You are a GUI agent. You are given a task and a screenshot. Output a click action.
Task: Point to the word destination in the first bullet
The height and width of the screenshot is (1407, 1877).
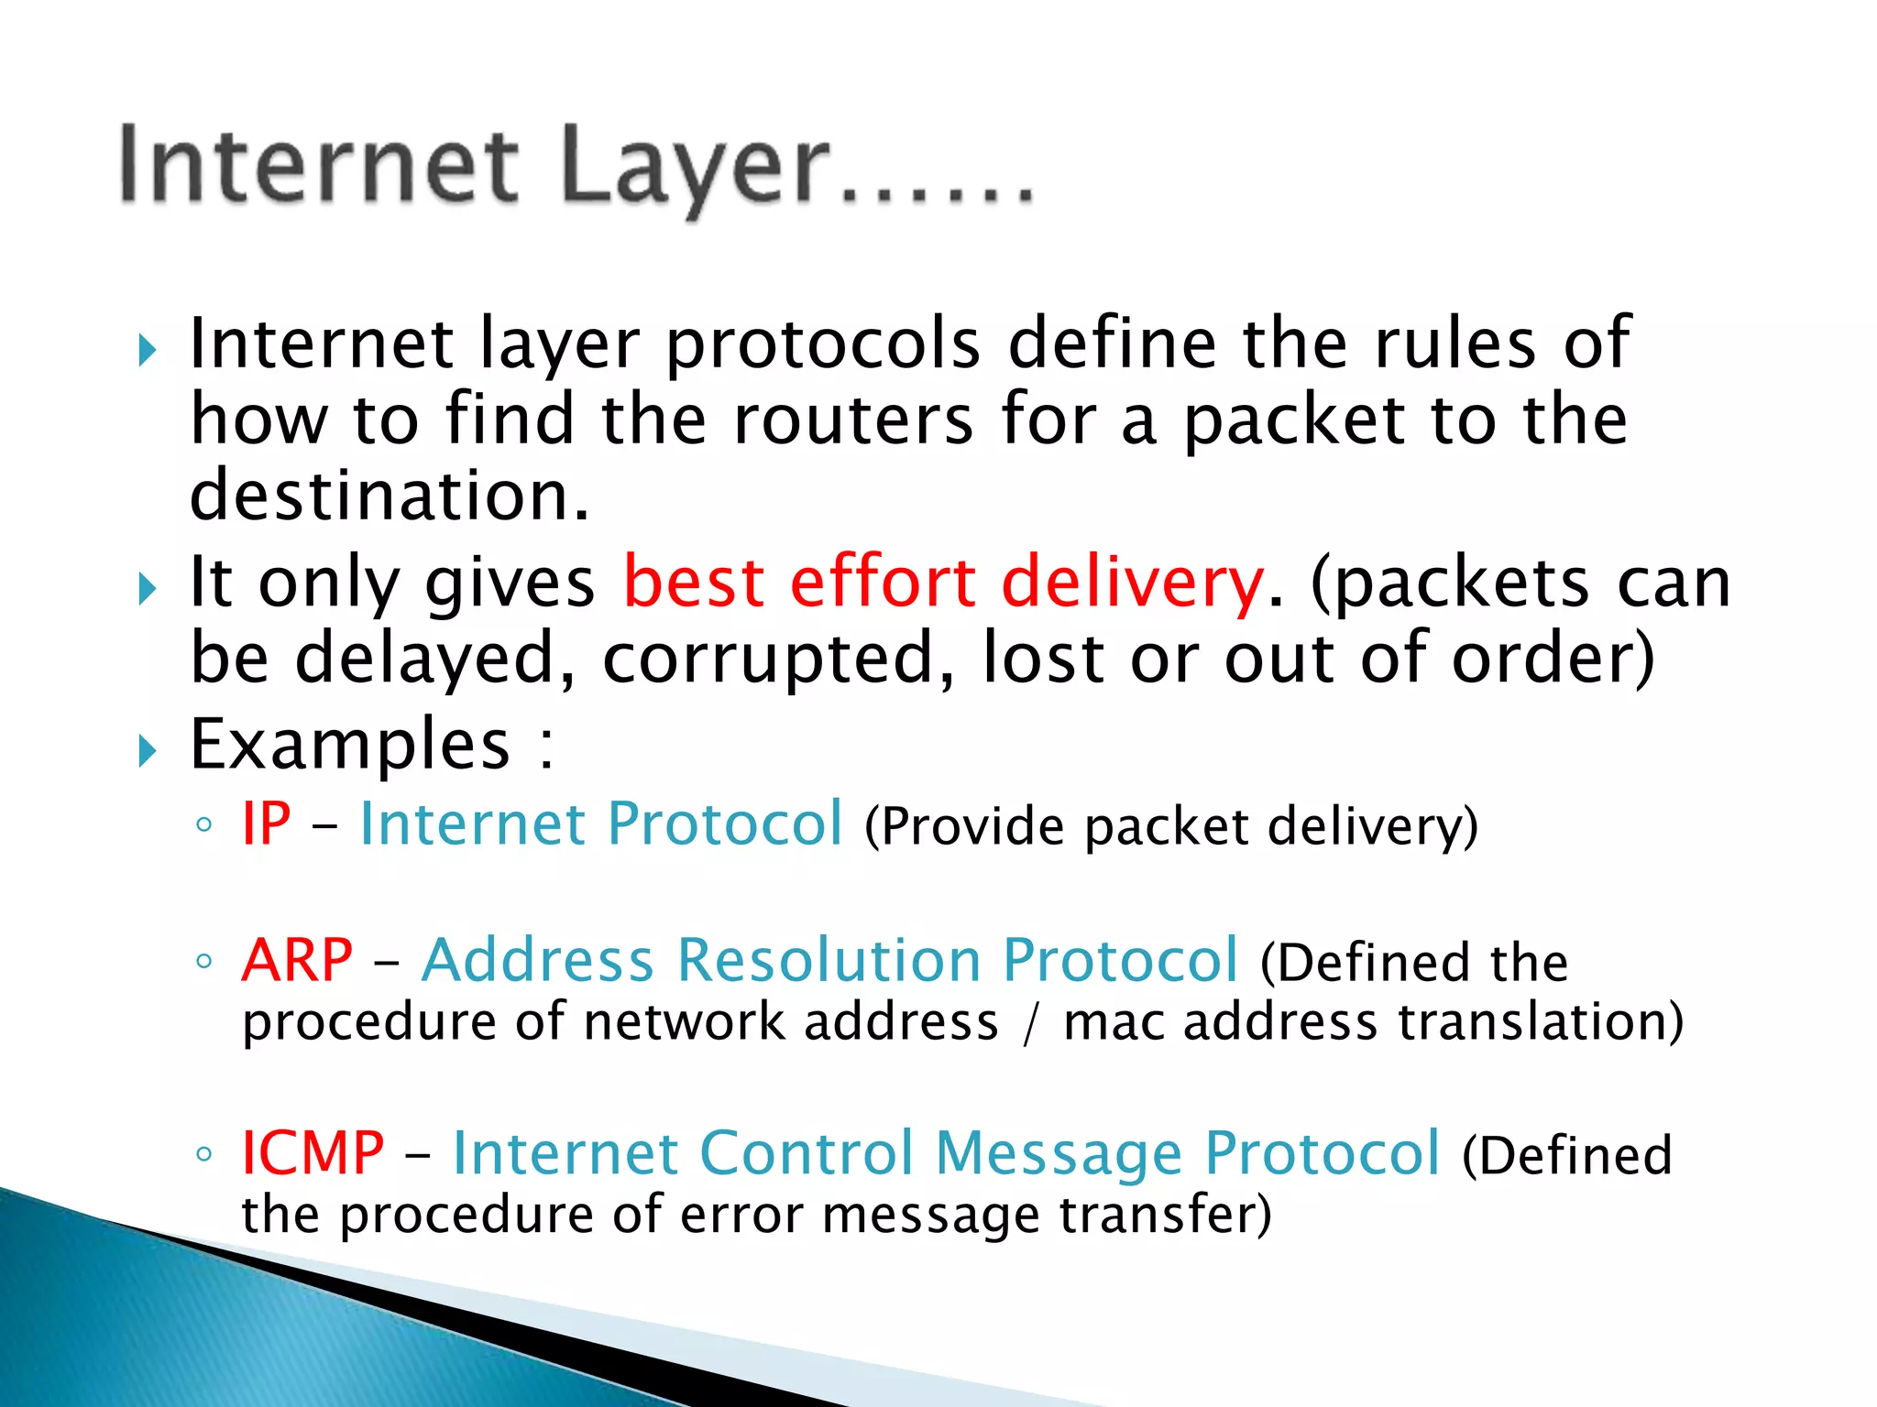390,496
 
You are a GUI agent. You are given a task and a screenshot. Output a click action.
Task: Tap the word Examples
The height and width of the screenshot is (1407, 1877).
349,744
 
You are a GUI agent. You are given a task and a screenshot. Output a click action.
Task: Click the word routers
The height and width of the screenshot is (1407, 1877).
853,420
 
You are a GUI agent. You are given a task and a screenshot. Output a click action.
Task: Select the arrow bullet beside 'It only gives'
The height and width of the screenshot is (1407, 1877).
148,588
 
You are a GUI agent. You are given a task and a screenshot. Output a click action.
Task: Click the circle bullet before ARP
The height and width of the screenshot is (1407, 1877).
203,962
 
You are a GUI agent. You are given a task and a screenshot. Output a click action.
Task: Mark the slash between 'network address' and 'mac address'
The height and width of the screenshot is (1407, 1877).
1031,1022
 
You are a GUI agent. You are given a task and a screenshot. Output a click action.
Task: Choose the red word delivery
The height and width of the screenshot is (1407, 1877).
1133,584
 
